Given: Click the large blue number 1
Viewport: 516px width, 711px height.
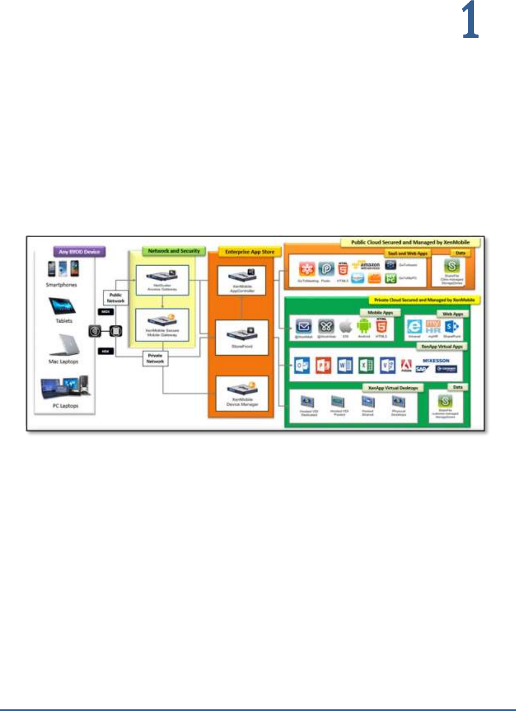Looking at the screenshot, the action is pos(470,20).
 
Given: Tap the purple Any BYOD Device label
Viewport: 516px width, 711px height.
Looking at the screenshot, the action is pos(79,252).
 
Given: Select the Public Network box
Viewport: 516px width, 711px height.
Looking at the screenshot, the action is pos(116,297).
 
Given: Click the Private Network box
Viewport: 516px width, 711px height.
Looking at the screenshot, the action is pos(155,358).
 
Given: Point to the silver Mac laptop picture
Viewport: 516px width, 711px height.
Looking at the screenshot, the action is pos(65,345).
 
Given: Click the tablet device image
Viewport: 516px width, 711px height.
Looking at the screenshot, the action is pos(62,307).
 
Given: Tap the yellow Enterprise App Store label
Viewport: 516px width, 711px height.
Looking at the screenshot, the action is pos(249,252).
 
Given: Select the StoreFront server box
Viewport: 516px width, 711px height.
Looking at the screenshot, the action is pos(242,337).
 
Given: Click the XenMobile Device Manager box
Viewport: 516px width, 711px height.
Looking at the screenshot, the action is pos(242,394).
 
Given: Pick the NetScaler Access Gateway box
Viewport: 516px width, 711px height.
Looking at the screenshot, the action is pos(162,280).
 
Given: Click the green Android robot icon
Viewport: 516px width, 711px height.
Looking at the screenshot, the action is pos(364,326).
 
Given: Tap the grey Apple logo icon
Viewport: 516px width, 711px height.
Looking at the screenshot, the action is pos(345,327).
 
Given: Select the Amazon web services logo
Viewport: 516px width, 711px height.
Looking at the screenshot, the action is pos(366,266).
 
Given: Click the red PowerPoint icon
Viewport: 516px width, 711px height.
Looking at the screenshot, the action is pos(323,365).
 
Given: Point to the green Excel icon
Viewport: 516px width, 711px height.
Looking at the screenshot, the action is pos(366,365).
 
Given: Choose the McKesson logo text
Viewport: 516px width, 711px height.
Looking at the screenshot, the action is pos(436,361).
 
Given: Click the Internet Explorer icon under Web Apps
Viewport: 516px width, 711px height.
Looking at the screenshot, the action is pos(414,327).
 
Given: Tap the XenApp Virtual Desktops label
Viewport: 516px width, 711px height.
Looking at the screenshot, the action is pos(392,388).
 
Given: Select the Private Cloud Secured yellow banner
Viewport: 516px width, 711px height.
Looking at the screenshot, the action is pos(424,300).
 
